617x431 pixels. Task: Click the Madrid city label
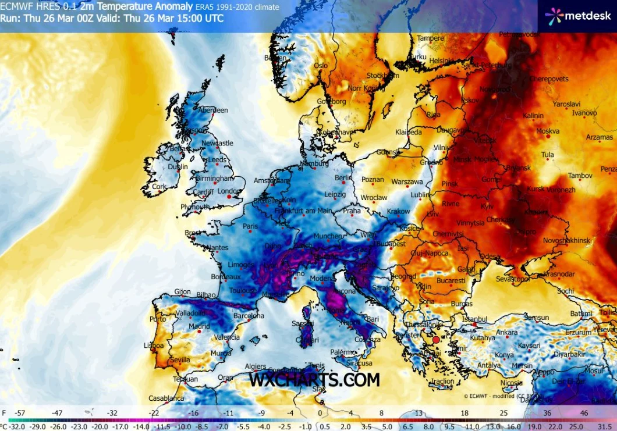click(x=199, y=326)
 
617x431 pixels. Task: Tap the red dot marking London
click(x=229, y=197)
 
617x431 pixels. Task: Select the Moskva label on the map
click(x=547, y=131)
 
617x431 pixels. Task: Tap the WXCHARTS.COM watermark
click(x=314, y=380)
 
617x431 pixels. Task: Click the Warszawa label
click(x=406, y=182)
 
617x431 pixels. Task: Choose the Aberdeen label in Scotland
click(x=213, y=110)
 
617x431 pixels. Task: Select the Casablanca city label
click(x=166, y=398)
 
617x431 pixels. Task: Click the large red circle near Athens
click(x=436, y=339)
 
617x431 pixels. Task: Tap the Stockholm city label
click(x=383, y=76)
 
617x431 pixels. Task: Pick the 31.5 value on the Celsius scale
click(x=603, y=426)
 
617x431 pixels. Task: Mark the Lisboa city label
click(x=154, y=345)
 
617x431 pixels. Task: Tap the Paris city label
click(x=250, y=226)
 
